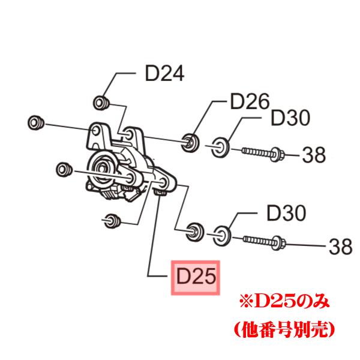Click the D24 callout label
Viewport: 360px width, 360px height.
164,73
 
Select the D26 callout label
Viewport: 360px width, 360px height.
250,101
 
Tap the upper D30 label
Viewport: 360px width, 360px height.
290,118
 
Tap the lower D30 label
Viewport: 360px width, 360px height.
286,213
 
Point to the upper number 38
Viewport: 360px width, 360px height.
314,155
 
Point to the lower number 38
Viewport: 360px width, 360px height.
340,246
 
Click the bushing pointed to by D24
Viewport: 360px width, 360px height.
101,103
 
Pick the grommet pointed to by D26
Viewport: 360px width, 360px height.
190,142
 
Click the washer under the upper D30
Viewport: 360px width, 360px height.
220,148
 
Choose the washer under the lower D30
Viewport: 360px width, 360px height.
222,236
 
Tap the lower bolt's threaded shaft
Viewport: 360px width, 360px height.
259,241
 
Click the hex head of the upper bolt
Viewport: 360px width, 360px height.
277,154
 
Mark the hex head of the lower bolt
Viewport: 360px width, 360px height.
278,243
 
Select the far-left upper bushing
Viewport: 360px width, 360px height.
35,122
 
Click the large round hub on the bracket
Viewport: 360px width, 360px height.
101,166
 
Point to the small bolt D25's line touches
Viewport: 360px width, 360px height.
159,192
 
